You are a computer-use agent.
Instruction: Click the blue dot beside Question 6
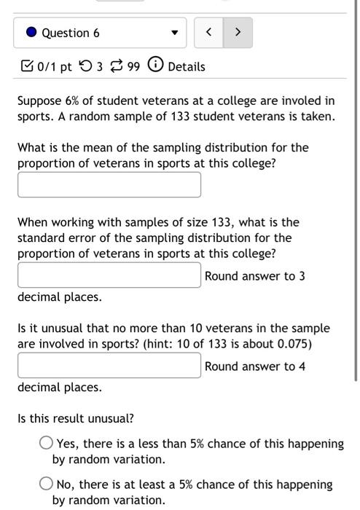point(31,33)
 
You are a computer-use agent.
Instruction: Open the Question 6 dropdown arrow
point(173,33)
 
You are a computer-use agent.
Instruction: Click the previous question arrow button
point(209,33)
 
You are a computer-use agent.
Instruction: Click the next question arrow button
point(237,33)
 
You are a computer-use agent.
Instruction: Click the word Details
point(187,66)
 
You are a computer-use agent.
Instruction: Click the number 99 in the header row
point(133,66)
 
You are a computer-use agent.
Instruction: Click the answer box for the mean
point(109,184)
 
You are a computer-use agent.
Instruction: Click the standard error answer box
point(109,275)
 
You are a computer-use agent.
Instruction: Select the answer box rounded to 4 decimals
point(109,365)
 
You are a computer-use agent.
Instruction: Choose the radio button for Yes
point(46,443)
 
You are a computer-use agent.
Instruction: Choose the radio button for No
point(46,484)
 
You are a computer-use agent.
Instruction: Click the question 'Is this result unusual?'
point(76,419)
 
